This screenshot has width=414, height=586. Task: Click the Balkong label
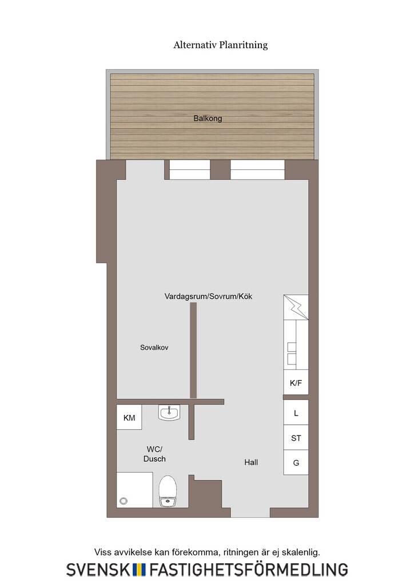208,118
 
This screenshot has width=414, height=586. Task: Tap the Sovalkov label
154,347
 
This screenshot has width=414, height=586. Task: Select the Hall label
251,462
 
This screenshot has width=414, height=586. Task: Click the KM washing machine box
129,417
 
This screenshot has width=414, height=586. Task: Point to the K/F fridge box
296,382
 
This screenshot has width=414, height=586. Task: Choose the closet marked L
296,412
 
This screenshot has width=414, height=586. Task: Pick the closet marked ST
296,437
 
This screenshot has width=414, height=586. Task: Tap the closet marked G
296,462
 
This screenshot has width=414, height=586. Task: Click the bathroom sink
169,413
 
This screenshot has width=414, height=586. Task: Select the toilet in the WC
168,491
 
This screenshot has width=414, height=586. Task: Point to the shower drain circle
124,501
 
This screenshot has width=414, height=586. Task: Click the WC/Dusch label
154,454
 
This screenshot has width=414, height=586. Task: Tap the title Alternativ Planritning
221,45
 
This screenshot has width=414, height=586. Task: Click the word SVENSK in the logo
98,570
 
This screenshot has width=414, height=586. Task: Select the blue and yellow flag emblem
140,570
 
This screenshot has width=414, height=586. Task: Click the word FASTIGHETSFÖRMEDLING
249,569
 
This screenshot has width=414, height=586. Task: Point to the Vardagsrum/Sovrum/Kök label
208,296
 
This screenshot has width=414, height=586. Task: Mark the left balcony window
190,170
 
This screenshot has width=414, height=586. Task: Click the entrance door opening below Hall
250,512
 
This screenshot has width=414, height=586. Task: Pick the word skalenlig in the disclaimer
301,552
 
